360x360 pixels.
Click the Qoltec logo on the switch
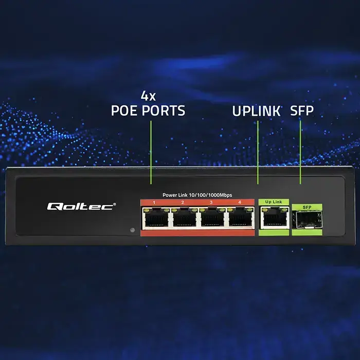81,206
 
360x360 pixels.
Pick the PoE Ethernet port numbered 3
211,219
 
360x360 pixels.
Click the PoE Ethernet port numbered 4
239,219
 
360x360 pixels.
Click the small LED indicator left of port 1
132,230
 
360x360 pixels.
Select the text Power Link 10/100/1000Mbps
198,195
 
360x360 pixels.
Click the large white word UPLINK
256,111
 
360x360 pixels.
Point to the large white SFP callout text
302,111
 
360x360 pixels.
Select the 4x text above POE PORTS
148,96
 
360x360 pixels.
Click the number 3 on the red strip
211,203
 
